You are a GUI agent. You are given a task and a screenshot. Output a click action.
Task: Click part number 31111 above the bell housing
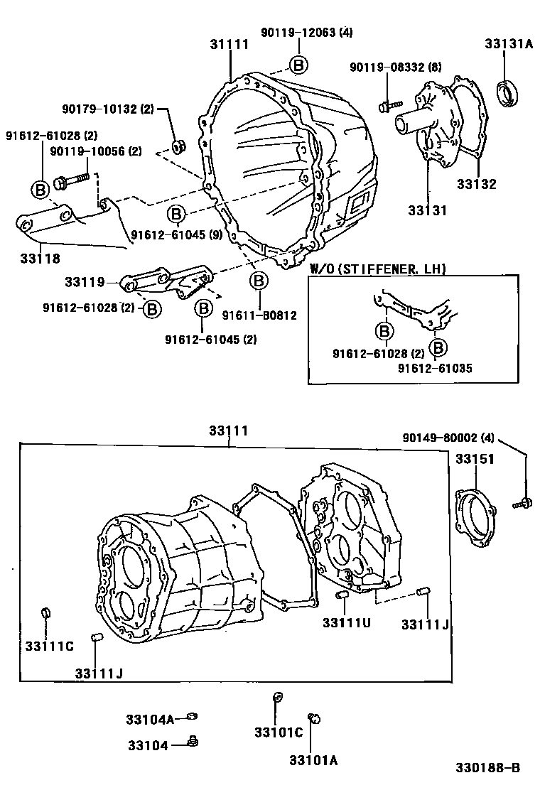coord(229,45)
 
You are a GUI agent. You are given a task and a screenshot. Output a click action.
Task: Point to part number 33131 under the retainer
coord(428,210)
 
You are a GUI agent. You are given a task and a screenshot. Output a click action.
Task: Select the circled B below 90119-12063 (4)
coord(298,65)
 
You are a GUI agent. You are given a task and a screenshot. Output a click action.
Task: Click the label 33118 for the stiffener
coord(33,259)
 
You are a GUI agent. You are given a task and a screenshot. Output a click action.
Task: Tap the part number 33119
coord(85,282)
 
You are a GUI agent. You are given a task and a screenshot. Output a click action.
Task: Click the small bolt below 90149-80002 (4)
coord(522,504)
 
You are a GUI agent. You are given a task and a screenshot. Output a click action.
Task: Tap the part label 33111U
coord(347,623)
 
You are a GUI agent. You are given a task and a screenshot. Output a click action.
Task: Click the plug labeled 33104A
coord(191,717)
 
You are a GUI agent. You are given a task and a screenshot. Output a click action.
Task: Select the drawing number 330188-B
coord(489,768)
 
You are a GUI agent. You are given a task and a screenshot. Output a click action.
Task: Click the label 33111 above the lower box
coord(229,431)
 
